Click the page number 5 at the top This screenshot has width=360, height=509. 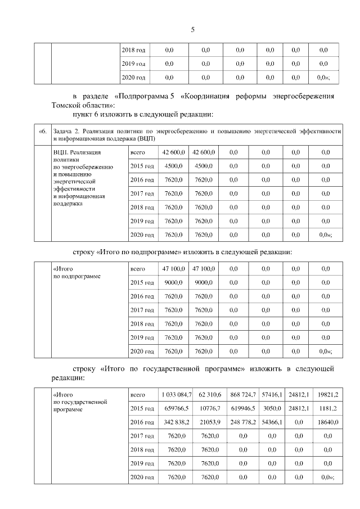click(x=192, y=29)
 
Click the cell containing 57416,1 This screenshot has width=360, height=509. click(x=272, y=394)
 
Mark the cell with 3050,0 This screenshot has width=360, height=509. click(x=272, y=408)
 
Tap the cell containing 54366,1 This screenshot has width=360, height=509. click(x=272, y=421)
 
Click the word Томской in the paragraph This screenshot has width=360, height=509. click(x=66, y=105)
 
